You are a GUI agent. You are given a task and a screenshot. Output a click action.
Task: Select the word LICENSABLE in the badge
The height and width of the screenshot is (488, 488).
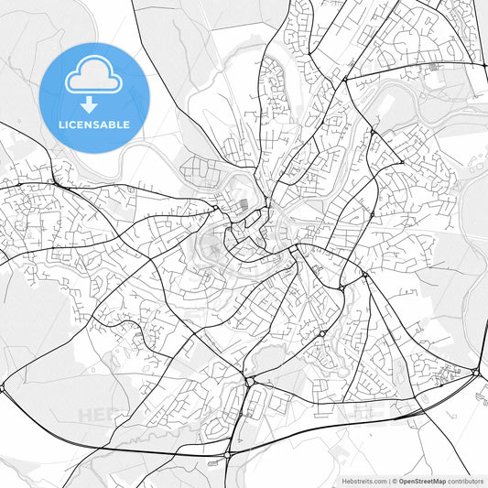(x=94, y=125)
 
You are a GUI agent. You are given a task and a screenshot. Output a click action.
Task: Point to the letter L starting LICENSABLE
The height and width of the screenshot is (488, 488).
(x=61, y=125)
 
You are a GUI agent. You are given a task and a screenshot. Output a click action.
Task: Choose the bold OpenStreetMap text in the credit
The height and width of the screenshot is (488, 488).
(x=422, y=481)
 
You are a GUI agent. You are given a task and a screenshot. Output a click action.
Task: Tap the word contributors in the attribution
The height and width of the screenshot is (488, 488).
(x=466, y=481)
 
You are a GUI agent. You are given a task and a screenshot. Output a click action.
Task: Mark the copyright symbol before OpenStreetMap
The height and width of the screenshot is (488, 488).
(x=395, y=481)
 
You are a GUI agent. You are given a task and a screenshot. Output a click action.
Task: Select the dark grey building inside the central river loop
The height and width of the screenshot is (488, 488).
(x=243, y=206)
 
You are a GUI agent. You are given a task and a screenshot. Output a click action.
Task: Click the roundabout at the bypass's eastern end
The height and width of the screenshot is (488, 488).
(x=477, y=372)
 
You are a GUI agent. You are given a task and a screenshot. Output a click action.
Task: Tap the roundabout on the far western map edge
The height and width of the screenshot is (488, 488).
(x=3, y=388)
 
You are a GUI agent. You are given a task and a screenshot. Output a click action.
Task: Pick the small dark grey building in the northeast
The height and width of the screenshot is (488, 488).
(x=432, y=66)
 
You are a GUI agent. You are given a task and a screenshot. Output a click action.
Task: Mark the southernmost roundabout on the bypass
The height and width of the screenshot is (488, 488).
(x=227, y=453)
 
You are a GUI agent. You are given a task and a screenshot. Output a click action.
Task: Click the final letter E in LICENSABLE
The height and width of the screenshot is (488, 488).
(x=126, y=125)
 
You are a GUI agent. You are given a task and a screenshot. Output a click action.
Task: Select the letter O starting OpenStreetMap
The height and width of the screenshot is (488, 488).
(x=401, y=481)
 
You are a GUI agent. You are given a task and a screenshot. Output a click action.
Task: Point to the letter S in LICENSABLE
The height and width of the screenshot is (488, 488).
(x=95, y=125)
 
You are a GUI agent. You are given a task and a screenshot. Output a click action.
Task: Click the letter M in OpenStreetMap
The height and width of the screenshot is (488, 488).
(x=434, y=481)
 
